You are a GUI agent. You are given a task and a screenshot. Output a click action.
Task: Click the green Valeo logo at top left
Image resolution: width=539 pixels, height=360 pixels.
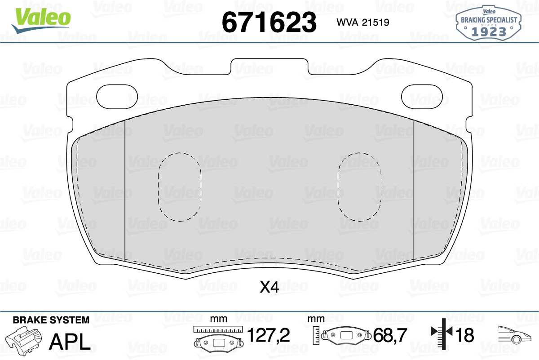click(41, 21)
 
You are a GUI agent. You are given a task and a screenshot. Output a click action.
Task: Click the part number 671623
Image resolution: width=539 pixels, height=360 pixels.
click(269, 22)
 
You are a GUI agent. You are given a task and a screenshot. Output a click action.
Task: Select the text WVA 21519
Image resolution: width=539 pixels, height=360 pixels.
click(363, 22)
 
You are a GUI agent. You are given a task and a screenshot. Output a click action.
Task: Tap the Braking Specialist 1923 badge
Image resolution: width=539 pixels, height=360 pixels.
click(489, 23)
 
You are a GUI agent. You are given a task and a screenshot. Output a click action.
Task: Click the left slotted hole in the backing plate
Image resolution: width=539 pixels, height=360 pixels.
click(117, 96)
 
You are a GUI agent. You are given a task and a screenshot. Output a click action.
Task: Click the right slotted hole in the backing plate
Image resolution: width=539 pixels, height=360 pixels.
click(422, 96)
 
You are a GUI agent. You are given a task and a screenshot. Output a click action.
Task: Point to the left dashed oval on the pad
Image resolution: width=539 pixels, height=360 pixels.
click(180, 187)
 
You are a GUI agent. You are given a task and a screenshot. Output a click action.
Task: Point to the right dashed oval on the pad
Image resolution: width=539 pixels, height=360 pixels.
click(359, 187)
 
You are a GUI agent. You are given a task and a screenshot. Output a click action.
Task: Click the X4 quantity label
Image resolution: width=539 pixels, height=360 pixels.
click(269, 287)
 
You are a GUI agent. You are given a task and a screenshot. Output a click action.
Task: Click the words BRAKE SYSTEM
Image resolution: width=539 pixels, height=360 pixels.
click(51, 320)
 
